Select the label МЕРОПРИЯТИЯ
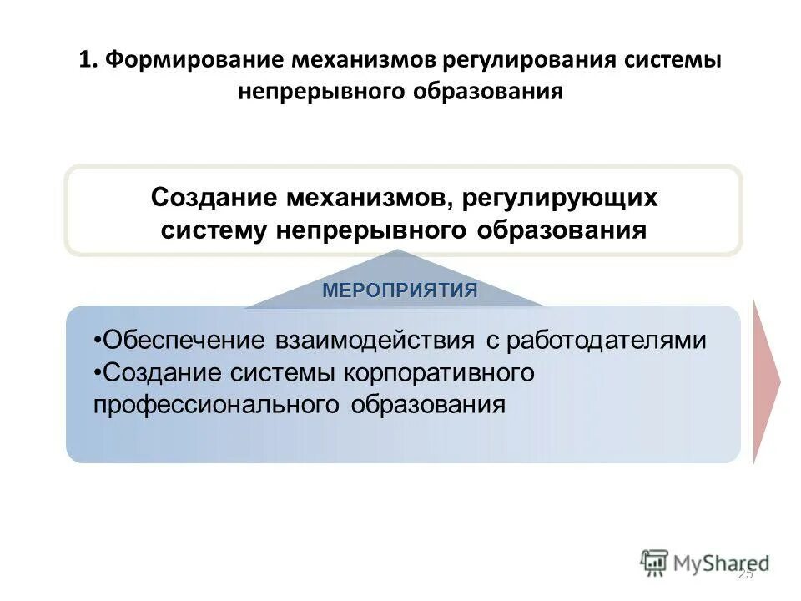pyautogui.click(x=400, y=290)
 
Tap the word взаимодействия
pyautogui.click(x=366, y=341)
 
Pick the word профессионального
pyautogui.click(x=216, y=405)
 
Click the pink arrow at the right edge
pyautogui.click(x=766, y=382)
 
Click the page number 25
pyautogui.click(x=745, y=574)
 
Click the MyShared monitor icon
pyautogui.click(x=655, y=563)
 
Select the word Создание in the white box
pyautogui.click(x=213, y=199)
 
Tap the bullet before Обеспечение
pyautogui.click(x=98, y=341)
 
